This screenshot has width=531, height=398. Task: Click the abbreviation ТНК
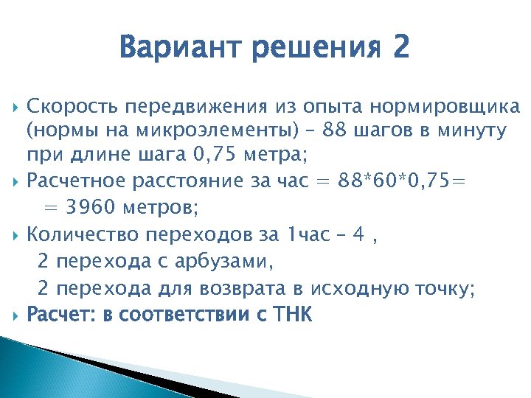tap(293, 315)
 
